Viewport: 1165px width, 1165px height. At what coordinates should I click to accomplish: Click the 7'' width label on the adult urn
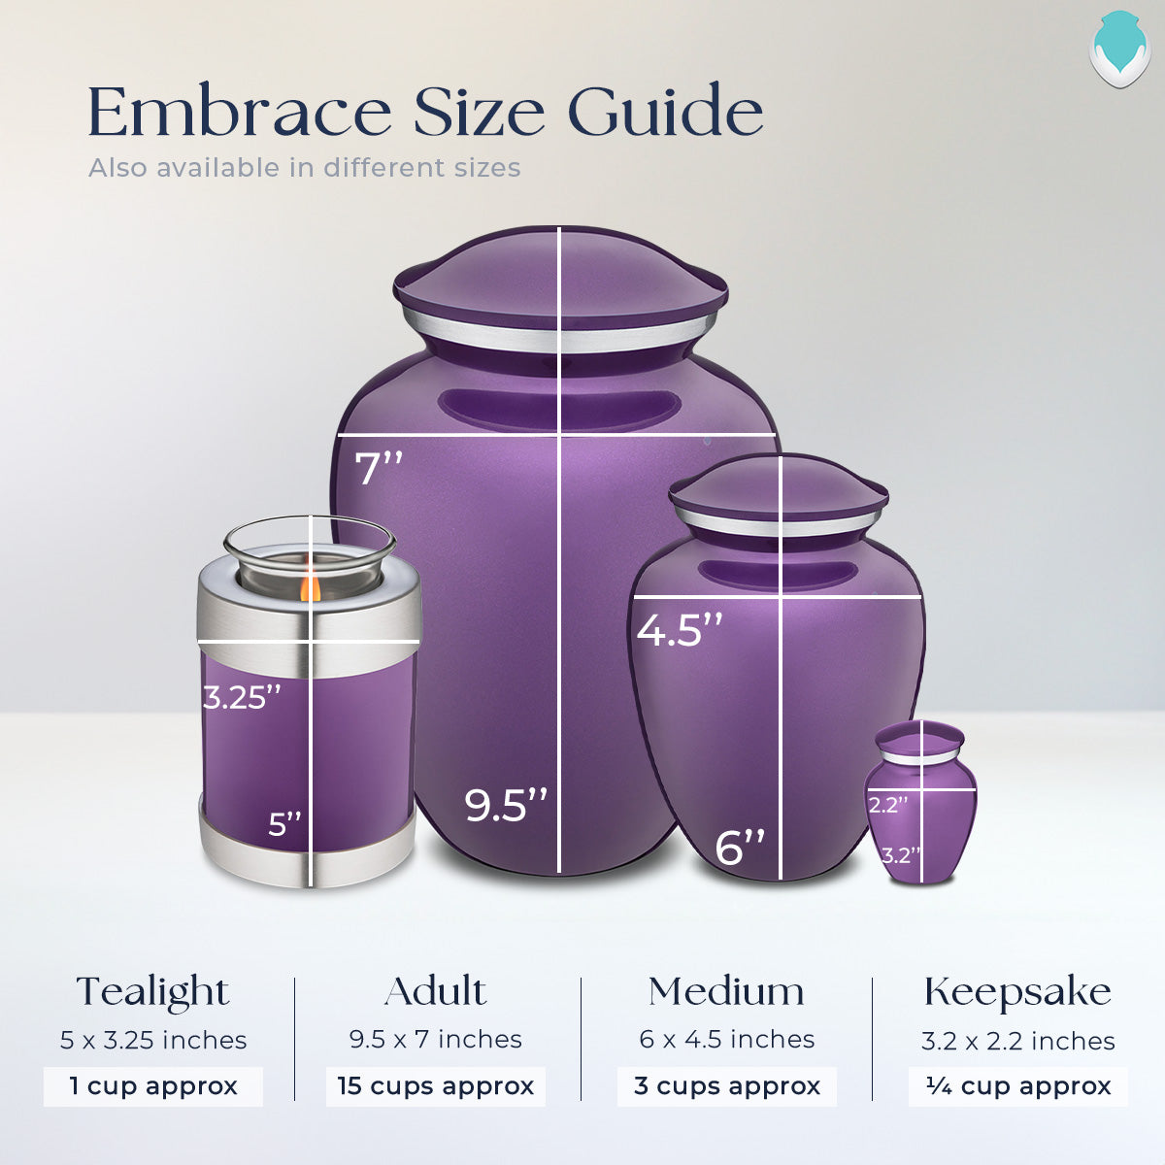click(x=379, y=468)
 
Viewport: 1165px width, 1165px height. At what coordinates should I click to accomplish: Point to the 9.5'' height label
click(x=505, y=806)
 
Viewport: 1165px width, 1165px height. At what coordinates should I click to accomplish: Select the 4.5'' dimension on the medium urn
click(x=680, y=630)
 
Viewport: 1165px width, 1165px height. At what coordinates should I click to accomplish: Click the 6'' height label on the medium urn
click(x=740, y=847)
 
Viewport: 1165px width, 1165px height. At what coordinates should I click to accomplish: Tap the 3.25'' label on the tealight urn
click(x=242, y=696)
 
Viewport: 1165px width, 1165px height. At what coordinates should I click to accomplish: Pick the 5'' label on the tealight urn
click(x=284, y=825)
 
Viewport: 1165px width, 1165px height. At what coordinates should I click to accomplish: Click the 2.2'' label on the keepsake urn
click(x=887, y=804)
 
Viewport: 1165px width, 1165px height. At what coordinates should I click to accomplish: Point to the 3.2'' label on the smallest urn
click(x=900, y=855)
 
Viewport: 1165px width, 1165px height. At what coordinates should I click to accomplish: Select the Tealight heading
click(x=152, y=992)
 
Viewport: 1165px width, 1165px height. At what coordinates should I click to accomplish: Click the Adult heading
click(x=435, y=991)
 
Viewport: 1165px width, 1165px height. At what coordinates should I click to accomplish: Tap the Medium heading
click(x=726, y=991)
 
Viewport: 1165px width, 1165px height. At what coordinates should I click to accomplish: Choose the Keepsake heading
click(x=1017, y=992)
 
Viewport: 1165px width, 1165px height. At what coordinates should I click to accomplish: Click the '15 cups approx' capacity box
click(x=435, y=1086)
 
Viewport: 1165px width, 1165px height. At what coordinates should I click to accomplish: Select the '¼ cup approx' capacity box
click(x=1017, y=1086)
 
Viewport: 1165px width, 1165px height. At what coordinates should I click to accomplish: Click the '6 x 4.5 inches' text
click(x=726, y=1040)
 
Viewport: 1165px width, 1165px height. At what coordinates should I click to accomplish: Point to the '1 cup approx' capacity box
click(x=152, y=1086)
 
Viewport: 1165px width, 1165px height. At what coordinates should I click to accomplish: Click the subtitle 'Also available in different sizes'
click(x=304, y=168)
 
